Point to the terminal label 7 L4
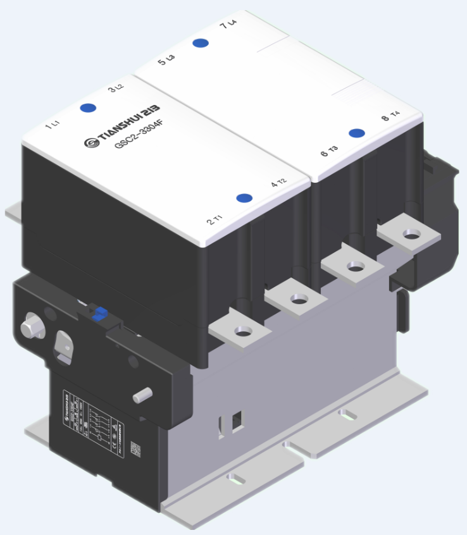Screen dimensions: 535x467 tap(227, 25)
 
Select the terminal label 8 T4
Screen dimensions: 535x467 tap(390, 116)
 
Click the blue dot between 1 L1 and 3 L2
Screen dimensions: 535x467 tap(88, 107)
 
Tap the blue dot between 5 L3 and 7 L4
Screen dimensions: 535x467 tap(201, 43)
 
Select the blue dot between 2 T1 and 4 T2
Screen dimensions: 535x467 tap(244, 198)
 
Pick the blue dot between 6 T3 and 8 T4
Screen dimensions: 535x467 tap(357, 133)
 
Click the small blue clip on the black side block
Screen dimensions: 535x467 tap(99, 312)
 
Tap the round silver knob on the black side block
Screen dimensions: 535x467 tap(32, 326)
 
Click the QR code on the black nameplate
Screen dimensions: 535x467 tap(135, 448)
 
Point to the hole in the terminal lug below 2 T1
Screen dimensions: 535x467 tap(241, 331)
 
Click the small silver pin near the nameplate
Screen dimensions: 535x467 tap(143, 395)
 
